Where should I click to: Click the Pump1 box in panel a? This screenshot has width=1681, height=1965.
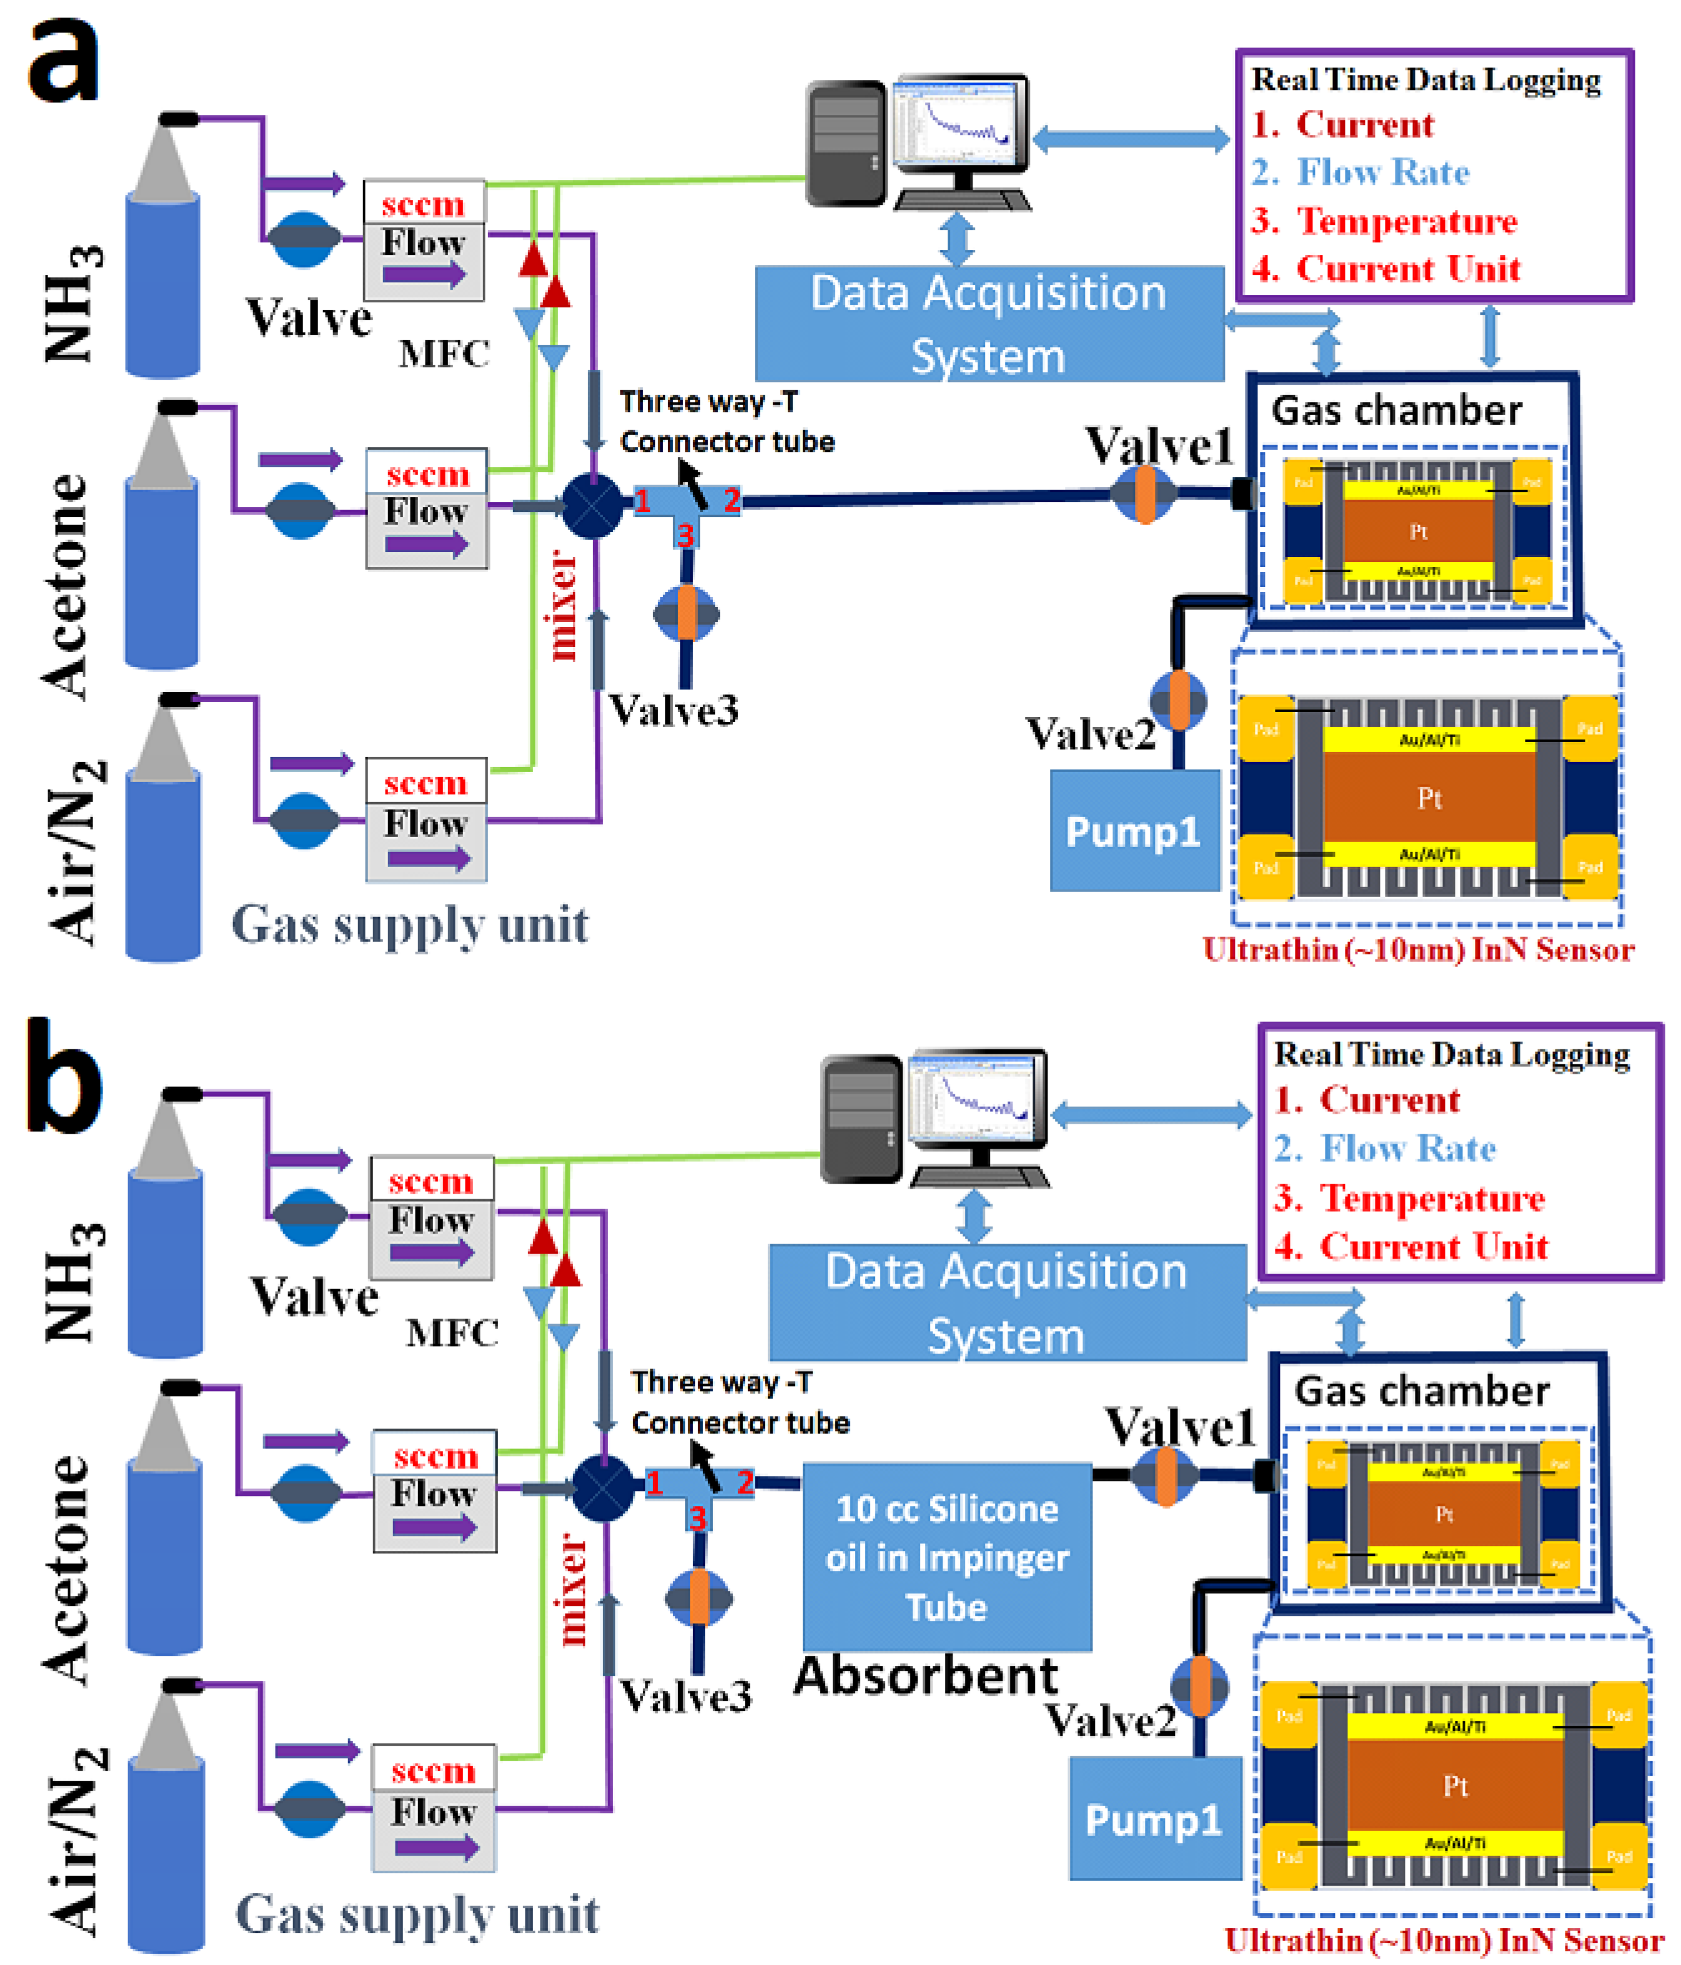[x=1134, y=830]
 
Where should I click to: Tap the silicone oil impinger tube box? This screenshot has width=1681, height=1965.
[x=947, y=1557]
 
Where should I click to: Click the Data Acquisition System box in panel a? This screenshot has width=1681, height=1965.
[x=988, y=324]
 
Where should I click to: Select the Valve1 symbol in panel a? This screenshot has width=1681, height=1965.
[x=1144, y=494]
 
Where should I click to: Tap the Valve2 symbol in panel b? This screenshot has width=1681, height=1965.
[x=1200, y=1685]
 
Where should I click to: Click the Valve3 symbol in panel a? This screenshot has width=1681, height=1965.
[x=686, y=613]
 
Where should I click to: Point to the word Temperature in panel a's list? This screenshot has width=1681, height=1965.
[x=1407, y=221]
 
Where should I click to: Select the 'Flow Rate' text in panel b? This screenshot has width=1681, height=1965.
[x=1408, y=1149]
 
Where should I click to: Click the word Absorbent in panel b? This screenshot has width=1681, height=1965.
[x=925, y=1676]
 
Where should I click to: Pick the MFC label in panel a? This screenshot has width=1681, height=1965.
[x=444, y=354]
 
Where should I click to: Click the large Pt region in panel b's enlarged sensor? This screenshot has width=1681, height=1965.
[x=1455, y=1786]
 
